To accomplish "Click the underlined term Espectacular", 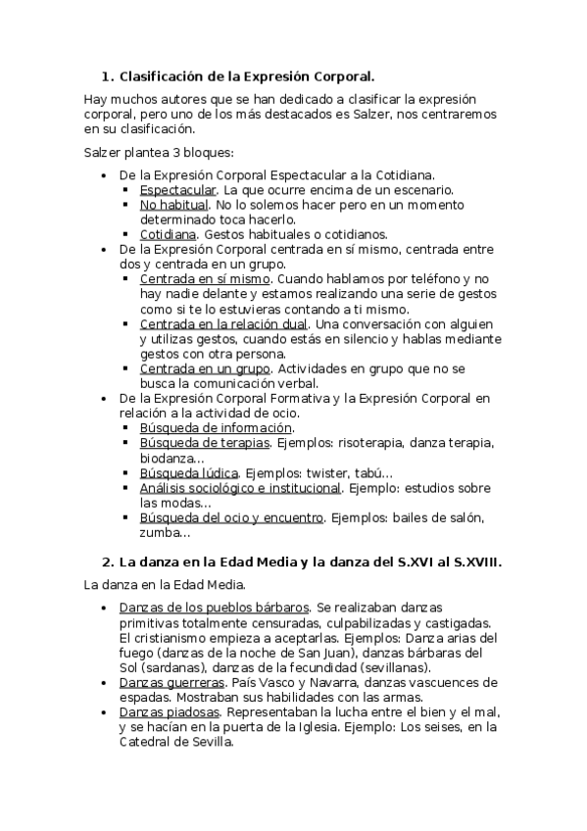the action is tap(177, 189).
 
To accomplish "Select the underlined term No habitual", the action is tap(173, 205).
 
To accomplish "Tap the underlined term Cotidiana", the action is tap(169, 234).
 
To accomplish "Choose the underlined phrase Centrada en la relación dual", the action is tap(223, 323).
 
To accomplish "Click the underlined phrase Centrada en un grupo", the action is tap(205, 368).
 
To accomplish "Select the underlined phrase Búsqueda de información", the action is tap(216, 428).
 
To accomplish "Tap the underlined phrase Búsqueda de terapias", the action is tap(204, 443).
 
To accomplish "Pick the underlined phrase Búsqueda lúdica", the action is tap(188, 472).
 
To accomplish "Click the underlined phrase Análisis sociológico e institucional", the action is tap(240, 488).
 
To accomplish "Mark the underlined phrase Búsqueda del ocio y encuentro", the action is tap(231, 517).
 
